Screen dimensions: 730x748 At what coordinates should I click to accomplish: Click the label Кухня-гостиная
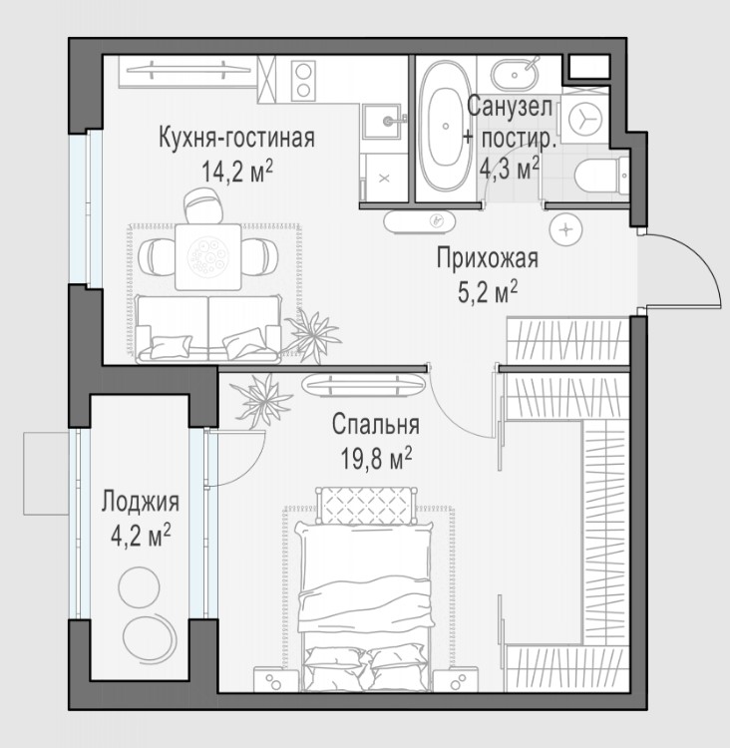[x=236, y=138]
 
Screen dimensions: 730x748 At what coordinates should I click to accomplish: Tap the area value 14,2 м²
[x=237, y=171]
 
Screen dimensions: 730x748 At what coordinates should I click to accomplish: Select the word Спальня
[x=376, y=424]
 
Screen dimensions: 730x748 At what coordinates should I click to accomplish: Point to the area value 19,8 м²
[x=376, y=458]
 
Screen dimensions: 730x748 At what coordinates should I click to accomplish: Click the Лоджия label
[x=141, y=502]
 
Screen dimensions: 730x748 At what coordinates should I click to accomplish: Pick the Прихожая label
[x=488, y=258]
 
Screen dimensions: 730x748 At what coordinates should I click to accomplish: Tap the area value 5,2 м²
[x=488, y=291]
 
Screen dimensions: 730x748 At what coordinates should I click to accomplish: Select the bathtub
[x=446, y=127]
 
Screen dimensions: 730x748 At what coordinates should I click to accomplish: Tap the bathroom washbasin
[x=516, y=74]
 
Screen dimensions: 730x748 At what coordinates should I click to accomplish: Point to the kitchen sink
[x=384, y=121]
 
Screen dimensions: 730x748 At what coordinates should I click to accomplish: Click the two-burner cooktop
[x=304, y=81]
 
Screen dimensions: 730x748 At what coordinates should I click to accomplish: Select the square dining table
[x=208, y=256]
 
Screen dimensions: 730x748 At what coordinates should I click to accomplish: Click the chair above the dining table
[x=204, y=205]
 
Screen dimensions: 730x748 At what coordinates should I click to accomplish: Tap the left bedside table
[x=276, y=679]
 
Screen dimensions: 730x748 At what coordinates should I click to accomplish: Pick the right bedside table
[x=455, y=679]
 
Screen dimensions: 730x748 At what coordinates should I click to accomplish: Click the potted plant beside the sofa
[x=312, y=332]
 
